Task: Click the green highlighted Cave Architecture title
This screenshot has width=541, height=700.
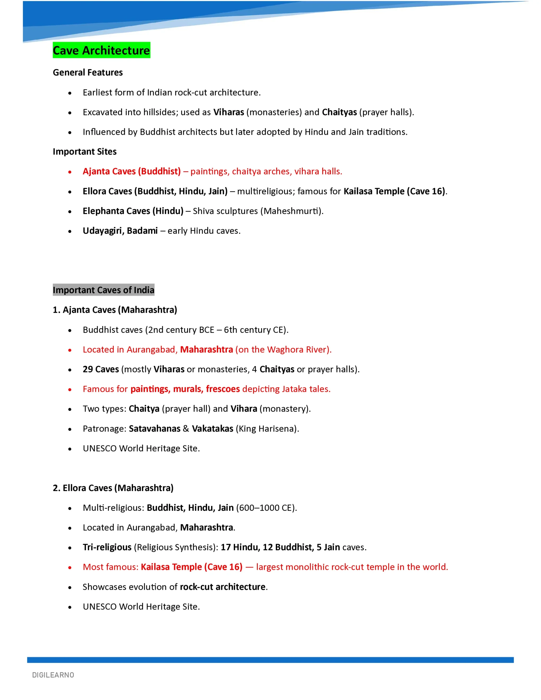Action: (101, 50)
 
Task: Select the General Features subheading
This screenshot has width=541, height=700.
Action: (88, 72)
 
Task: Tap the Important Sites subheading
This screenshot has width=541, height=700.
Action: (85, 151)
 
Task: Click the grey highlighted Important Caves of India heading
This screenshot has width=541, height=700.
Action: (103, 290)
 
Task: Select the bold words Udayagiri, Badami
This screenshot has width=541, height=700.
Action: (120, 231)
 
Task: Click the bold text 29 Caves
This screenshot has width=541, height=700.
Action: (101, 369)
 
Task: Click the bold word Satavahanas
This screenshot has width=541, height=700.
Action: (155, 429)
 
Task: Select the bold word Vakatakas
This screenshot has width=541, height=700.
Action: (213, 429)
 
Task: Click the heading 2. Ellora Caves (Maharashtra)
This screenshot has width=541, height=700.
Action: (113, 488)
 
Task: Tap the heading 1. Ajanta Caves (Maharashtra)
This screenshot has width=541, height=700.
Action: (115, 310)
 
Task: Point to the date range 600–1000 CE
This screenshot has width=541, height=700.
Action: (266, 508)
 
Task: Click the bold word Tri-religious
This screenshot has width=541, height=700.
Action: (107, 547)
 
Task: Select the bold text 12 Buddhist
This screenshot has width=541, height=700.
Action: (288, 547)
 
